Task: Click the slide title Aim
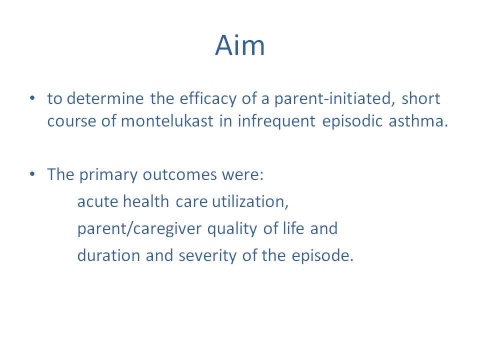pos(239,45)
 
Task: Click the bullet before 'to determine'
pos(32,98)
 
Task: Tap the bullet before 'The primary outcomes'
pos(32,174)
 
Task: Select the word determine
pos(105,98)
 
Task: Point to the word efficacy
pos(208,99)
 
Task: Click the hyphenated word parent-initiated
pos(332,99)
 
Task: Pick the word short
pos(421,98)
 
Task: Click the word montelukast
pos(167,121)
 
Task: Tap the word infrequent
pos(276,121)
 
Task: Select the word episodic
pos(352,121)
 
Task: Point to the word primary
pos(108,175)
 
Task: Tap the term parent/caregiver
pos(139,229)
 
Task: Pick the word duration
pos(108,255)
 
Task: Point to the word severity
pos(207,256)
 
